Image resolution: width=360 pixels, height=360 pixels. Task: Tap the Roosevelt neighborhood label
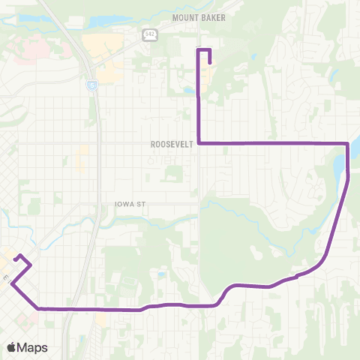pos(172,144)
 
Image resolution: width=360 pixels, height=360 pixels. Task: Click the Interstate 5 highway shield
pos(91,85)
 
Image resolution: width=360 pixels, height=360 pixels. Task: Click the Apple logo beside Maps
pos(12,347)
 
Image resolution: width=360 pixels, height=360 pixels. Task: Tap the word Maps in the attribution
pos(34,347)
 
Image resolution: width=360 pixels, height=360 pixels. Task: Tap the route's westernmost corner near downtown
pos(11,283)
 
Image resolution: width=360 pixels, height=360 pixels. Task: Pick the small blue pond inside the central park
pos(161,274)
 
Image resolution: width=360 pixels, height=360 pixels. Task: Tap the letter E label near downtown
pos(4,277)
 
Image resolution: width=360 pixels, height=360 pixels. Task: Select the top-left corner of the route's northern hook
pos(198,49)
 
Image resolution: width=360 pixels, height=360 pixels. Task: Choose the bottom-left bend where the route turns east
pos(38,307)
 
